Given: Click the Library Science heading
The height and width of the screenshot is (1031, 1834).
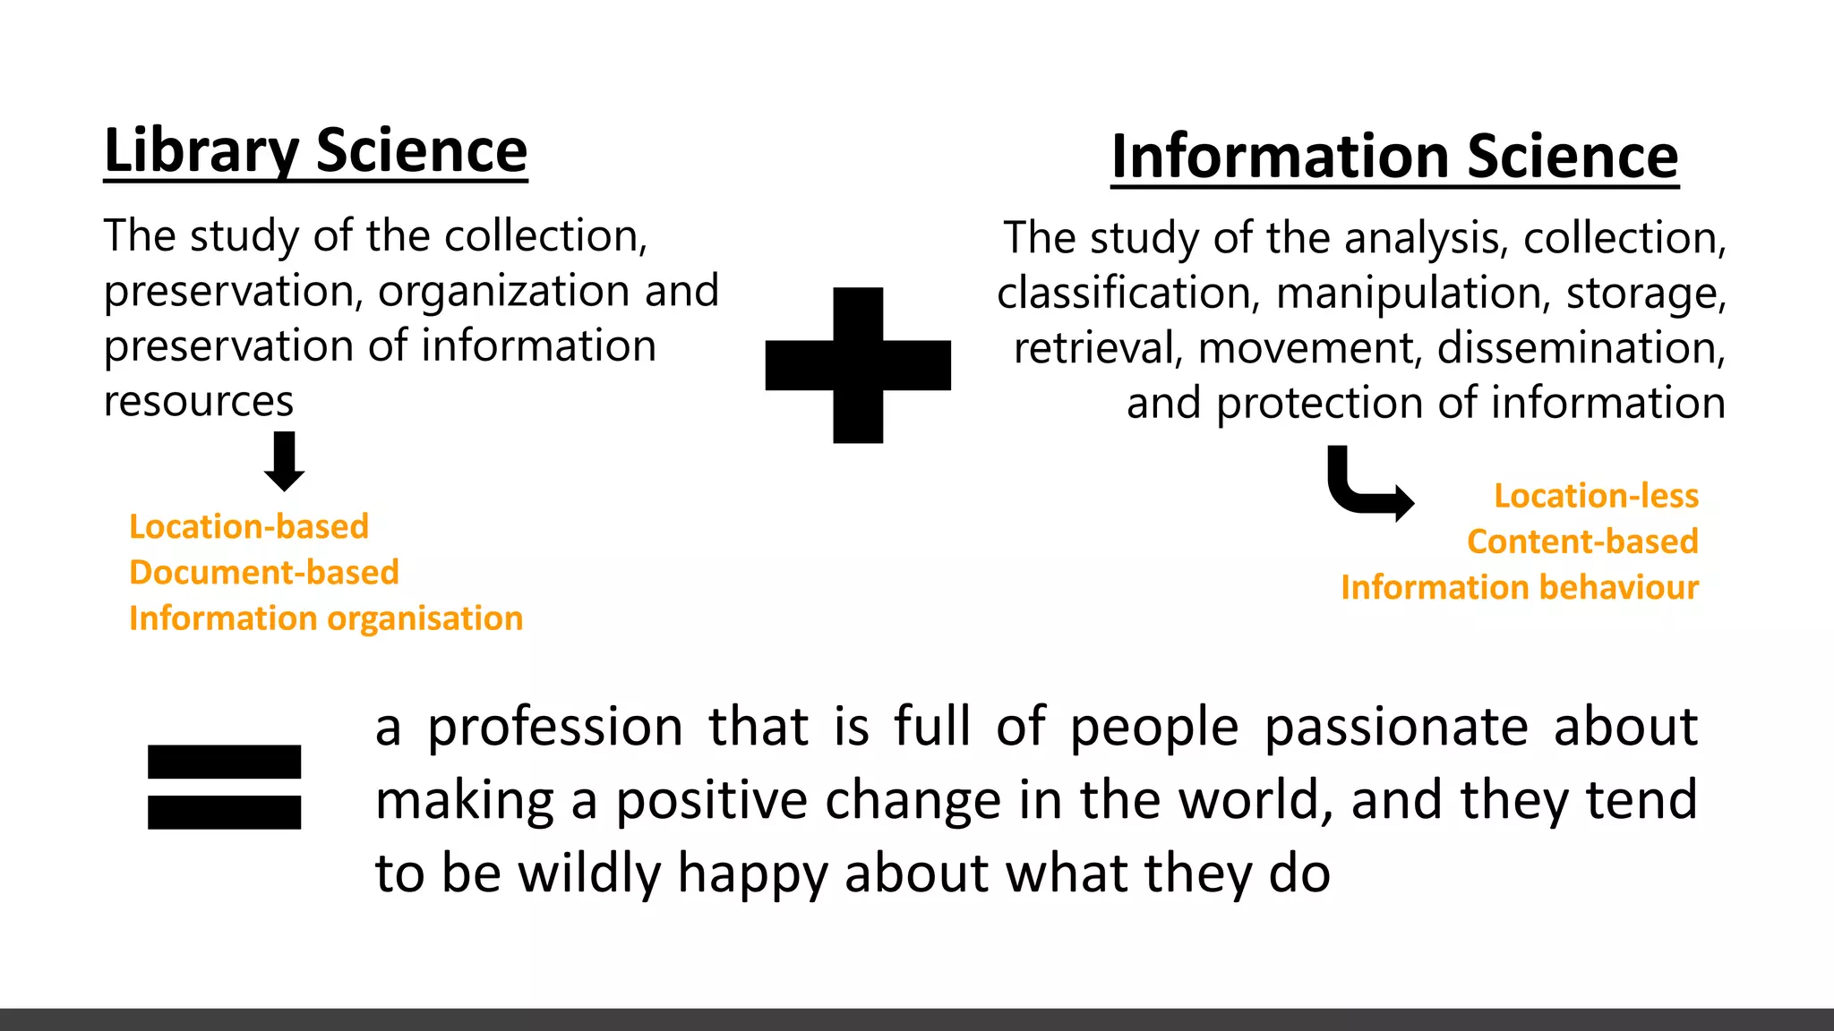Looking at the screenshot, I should [315, 151].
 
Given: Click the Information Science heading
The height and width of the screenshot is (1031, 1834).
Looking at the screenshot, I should [1394, 157].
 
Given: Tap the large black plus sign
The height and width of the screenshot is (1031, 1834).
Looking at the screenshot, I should [858, 365].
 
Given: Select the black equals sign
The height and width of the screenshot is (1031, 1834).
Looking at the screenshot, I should [224, 787].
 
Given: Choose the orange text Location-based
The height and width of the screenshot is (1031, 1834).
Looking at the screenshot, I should [249, 526].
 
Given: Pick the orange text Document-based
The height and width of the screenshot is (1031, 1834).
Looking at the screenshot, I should [264, 572].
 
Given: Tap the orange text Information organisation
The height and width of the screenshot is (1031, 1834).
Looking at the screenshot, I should [326, 618].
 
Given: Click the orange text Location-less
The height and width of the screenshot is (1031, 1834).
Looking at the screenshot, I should [1596, 496].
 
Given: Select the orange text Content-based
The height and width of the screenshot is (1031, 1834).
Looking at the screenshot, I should [1582, 541].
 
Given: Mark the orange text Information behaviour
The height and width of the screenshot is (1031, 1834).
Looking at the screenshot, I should [1519, 587].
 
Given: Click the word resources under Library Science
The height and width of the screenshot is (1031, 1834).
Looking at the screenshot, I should [199, 401].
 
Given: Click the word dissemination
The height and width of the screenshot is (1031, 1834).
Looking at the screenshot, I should [1581, 348].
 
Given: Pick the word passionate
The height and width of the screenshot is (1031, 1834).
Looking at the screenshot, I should [1396, 727].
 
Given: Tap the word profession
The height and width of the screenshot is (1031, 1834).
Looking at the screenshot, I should [555, 727].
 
